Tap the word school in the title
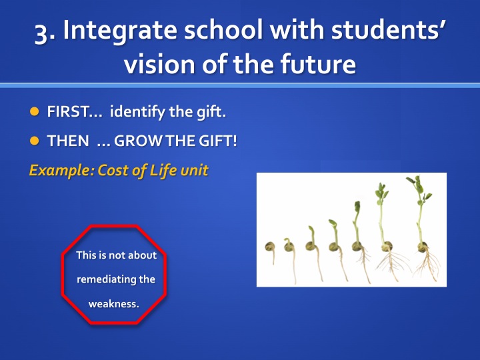click(223, 29)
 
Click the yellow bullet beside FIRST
click(34, 111)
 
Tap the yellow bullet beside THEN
click(34, 141)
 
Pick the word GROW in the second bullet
click(139, 141)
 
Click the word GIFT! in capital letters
click(217, 141)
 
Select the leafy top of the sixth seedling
click(381, 193)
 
